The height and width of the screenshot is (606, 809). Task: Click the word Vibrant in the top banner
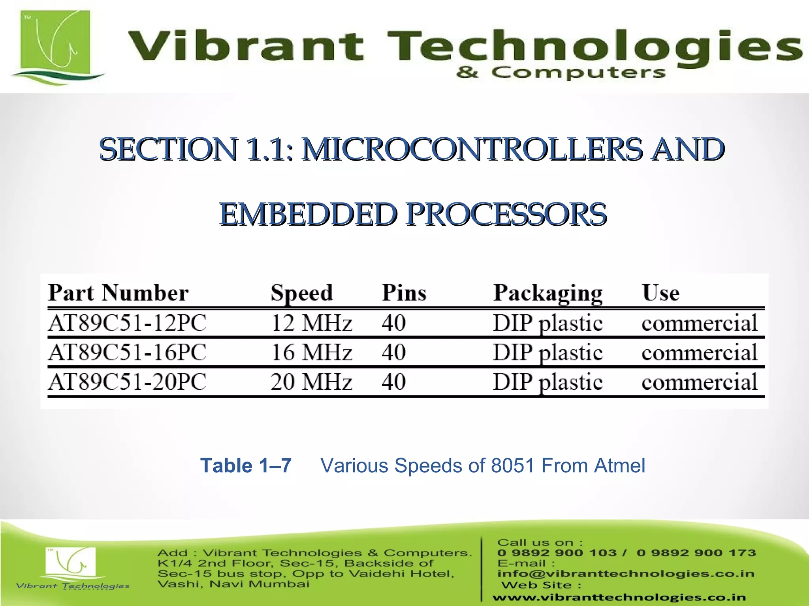(245, 47)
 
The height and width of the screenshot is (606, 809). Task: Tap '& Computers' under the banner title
(561, 73)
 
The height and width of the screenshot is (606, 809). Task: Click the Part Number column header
(118, 293)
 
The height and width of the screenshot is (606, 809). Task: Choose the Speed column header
(302, 293)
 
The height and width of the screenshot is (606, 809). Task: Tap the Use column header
(660, 293)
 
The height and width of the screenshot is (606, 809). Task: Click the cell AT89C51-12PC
(127, 323)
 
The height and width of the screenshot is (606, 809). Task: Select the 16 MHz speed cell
(311, 352)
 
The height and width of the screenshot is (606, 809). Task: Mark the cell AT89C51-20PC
(127, 382)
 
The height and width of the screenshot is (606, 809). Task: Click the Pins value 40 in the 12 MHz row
(393, 323)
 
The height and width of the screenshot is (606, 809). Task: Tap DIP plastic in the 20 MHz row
(547, 382)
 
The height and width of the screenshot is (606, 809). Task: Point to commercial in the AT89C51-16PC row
(699, 352)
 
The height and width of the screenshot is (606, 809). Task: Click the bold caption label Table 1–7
(246, 466)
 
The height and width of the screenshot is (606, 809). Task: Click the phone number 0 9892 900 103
(557, 553)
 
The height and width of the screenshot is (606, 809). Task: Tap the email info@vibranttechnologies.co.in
(626, 574)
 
